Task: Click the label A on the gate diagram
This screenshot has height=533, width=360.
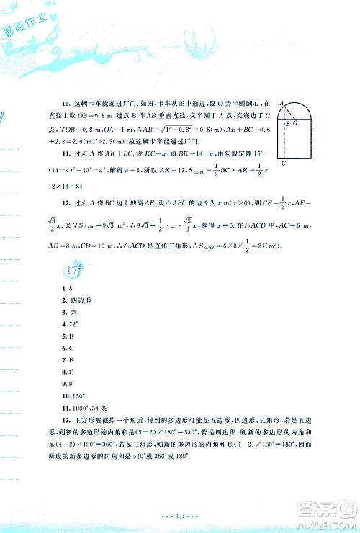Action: (x=282, y=103)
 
